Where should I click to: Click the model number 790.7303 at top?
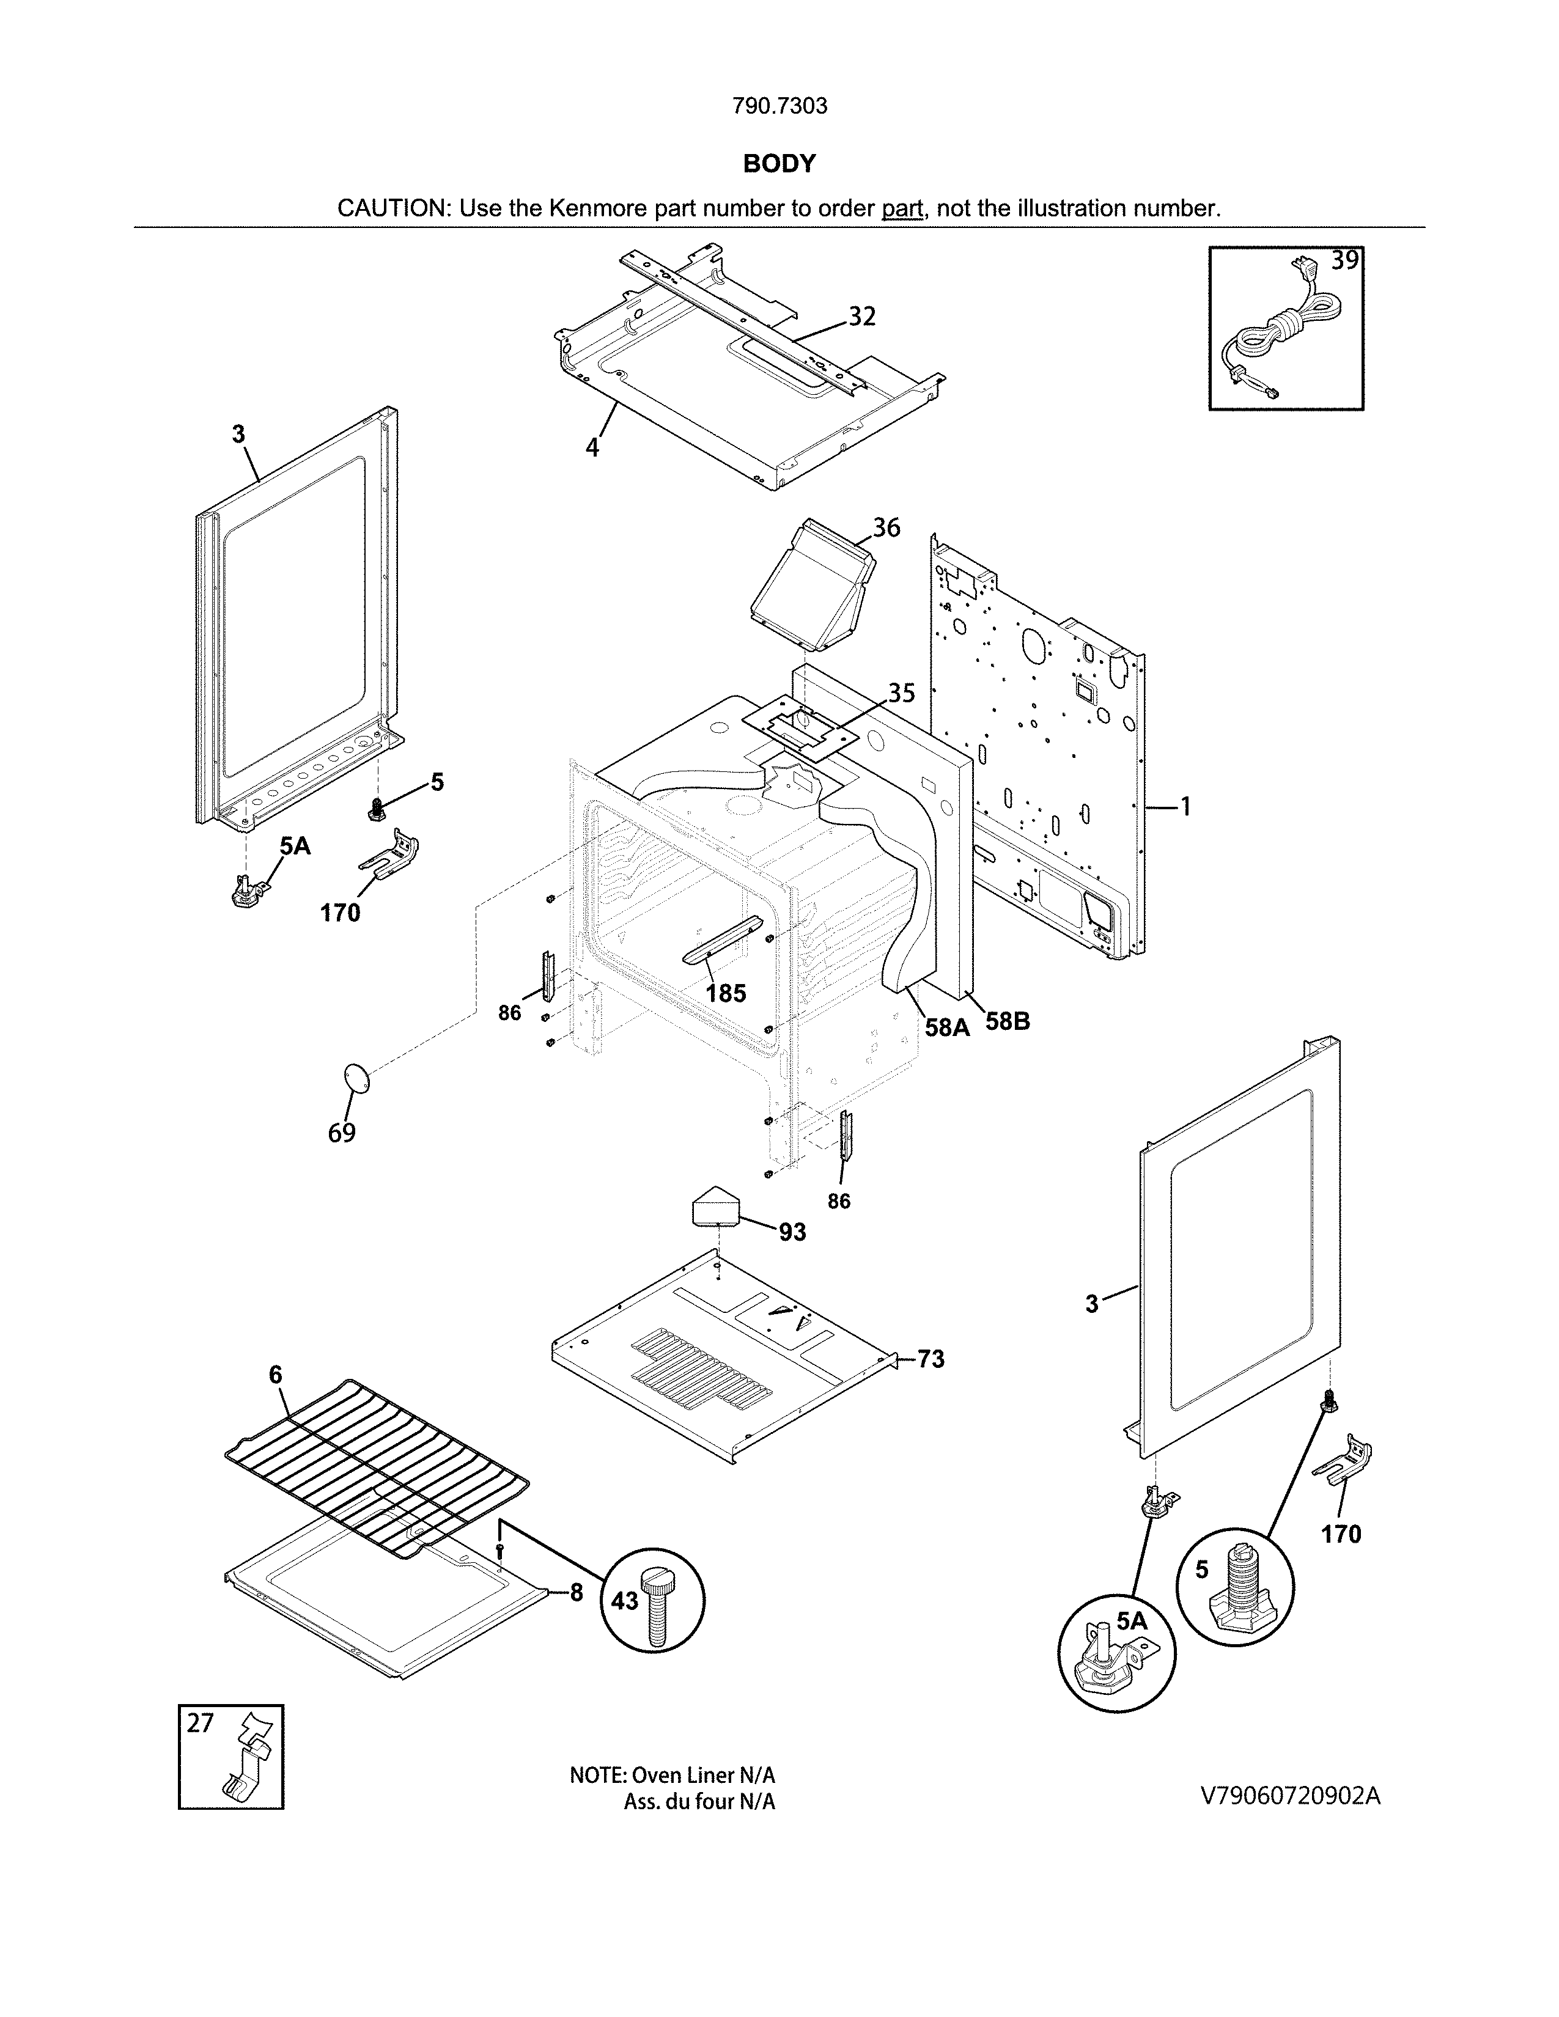779,106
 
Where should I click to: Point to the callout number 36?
886,527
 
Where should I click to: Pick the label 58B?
1007,1021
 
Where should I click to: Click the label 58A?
948,1026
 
